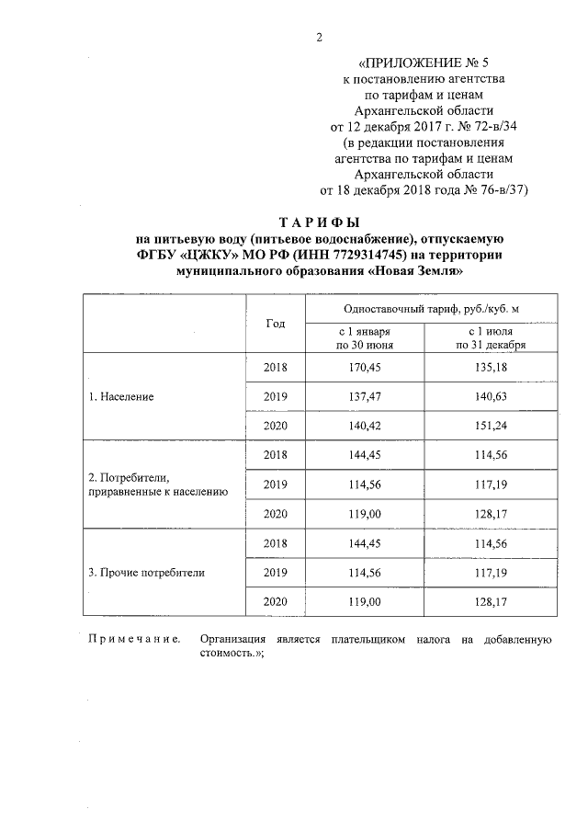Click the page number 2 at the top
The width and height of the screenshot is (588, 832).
tap(319, 37)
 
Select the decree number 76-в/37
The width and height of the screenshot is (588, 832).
tap(497, 189)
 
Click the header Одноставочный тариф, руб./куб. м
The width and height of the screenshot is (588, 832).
tap(437, 310)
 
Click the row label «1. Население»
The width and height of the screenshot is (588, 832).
tap(120, 397)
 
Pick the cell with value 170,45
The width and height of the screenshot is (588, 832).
tap(366, 368)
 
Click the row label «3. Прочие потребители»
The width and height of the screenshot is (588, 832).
tap(146, 572)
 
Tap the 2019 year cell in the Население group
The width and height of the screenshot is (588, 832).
tap(276, 397)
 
